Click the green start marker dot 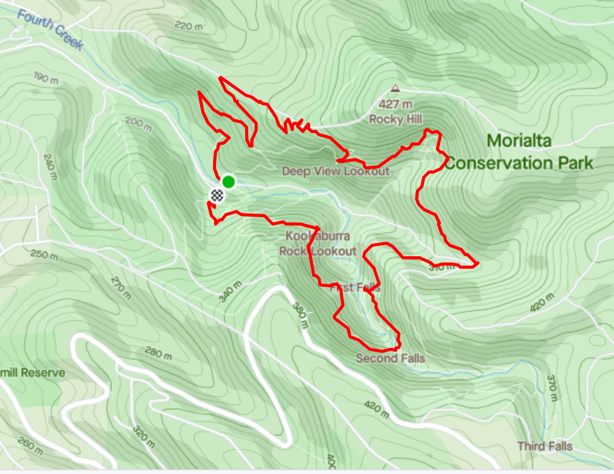tap(228, 182)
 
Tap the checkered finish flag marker tap(217, 195)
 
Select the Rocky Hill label tap(395, 120)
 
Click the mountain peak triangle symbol tap(395, 88)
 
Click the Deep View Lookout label tap(335, 171)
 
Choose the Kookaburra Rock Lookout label tap(317, 244)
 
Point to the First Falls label tap(355, 287)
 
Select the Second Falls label tap(390, 358)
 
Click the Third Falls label tap(544, 446)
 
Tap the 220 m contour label tap(189, 25)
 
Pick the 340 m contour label tap(230, 292)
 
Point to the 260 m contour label tap(30, 445)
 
